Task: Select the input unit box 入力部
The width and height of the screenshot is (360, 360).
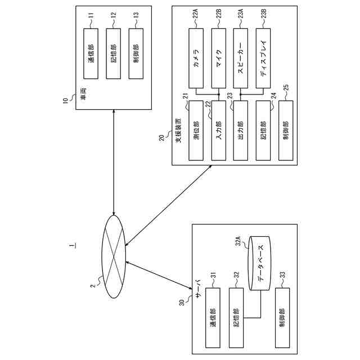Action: click(218, 130)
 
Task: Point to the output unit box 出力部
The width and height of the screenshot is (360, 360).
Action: click(241, 130)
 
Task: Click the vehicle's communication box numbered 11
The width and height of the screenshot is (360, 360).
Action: click(91, 54)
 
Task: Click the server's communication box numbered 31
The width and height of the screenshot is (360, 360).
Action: click(213, 318)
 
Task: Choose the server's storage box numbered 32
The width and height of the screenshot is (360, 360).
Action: click(237, 318)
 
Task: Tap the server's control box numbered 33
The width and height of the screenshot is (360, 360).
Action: click(282, 318)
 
